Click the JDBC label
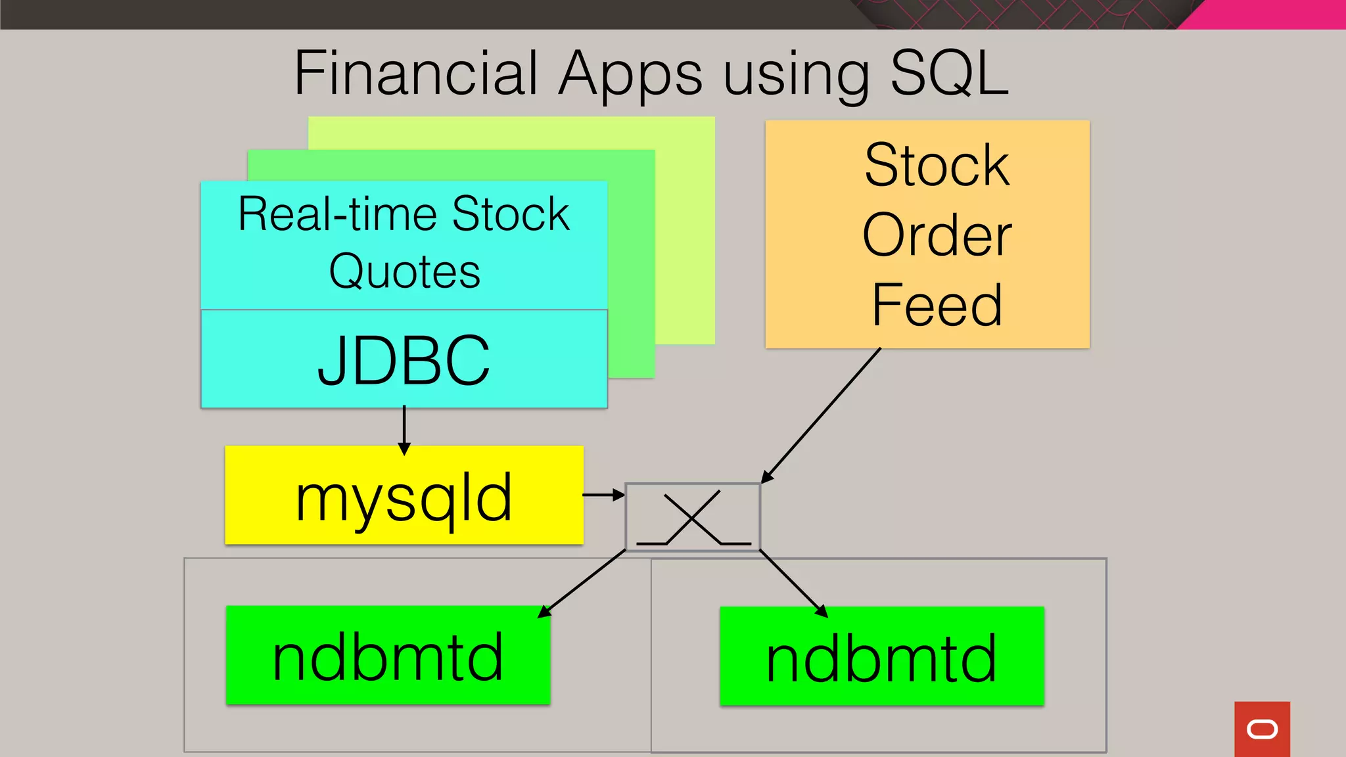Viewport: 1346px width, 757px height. tap(404, 360)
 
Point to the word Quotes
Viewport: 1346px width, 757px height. tap(404, 271)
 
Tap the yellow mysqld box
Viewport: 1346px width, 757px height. tap(404, 495)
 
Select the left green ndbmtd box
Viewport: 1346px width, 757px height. tap(388, 655)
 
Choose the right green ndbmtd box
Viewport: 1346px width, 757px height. tap(881, 656)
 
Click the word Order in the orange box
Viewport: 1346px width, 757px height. tap(936, 235)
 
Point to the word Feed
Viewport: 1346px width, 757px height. tap(936, 305)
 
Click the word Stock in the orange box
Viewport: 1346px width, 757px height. tap(936, 165)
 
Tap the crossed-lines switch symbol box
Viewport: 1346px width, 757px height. tap(693, 517)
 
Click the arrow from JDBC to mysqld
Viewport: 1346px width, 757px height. tap(404, 430)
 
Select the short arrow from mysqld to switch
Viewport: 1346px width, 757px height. tap(603, 495)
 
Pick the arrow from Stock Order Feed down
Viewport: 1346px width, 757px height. tap(822, 415)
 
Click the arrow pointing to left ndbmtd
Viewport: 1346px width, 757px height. tap(582, 584)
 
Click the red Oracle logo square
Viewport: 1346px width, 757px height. tap(1261, 729)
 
